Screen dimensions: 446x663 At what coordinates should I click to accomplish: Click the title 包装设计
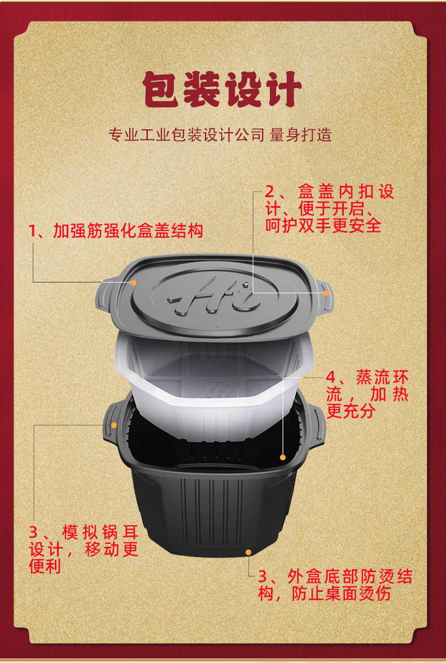pos(222,89)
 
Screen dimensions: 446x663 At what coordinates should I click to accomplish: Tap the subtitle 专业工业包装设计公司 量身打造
pos(220,135)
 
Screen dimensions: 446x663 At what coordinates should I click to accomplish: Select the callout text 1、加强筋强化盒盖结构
pos(115,231)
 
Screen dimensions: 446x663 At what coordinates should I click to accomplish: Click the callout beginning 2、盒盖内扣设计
pos(329,208)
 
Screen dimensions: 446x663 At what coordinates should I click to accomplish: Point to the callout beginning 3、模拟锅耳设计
pos(84,549)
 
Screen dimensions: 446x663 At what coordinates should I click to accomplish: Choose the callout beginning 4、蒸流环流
pos(367,394)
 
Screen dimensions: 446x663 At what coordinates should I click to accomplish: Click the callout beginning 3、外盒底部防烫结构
pos(335,585)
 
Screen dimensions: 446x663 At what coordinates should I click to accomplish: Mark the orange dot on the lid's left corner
pos(134,282)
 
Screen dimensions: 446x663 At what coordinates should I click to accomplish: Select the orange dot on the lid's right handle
pos(326,293)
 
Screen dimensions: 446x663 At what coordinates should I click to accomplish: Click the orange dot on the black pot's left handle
pos(113,425)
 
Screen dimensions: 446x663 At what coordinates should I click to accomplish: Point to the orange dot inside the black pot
pos(283,457)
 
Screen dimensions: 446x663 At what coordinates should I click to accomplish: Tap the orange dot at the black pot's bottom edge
pos(248,552)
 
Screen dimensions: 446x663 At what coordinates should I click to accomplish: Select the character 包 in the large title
pos(161,89)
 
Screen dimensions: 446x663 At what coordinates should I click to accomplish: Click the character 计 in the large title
pos(282,89)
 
